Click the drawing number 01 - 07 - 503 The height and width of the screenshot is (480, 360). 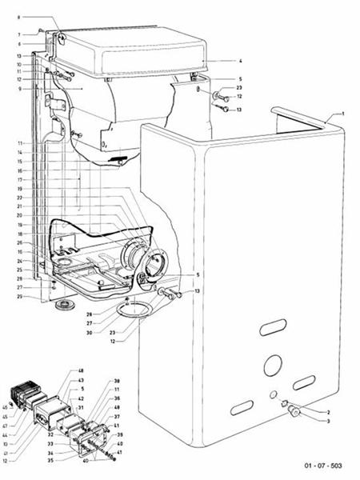point(323,465)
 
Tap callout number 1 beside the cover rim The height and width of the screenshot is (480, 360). point(343,114)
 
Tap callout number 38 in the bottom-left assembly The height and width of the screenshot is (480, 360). point(116,381)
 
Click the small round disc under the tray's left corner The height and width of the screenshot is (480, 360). point(59,306)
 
